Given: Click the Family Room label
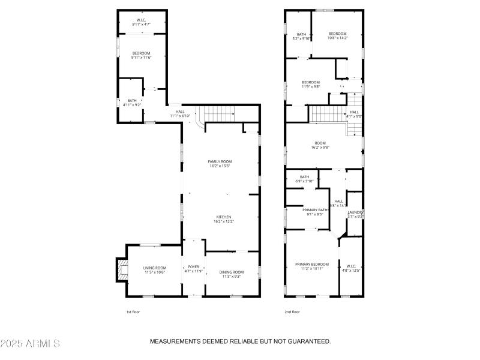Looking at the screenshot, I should click(x=220, y=163).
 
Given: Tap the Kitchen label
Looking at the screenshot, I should click(x=223, y=219).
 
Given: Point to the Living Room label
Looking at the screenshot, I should click(x=154, y=269).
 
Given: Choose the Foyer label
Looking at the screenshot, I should click(x=193, y=269).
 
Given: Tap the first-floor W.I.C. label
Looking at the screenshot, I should click(x=142, y=22).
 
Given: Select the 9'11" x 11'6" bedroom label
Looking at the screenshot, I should click(x=142, y=55).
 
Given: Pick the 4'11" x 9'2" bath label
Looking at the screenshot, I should click(x=131, y=103).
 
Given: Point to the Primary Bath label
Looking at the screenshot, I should click(x=315, y=212).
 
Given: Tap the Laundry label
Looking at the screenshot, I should click(x=356, y=214).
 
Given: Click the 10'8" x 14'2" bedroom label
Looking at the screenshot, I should click(x=337, y=35).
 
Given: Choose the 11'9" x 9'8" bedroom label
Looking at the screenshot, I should click(x=311, y=84).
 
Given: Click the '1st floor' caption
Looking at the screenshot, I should click(x=133, y=312).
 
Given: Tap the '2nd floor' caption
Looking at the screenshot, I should click(x=292, y=312).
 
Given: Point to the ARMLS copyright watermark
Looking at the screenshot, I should click(x=30, y=343).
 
